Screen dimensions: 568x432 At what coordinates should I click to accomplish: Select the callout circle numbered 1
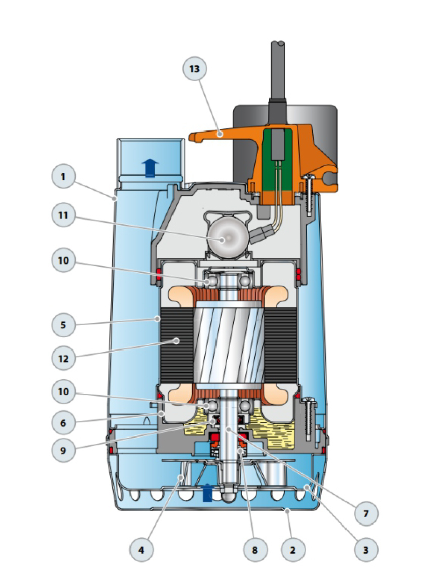click(63, 177)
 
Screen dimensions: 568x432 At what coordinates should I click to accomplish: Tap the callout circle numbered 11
click(63, 215)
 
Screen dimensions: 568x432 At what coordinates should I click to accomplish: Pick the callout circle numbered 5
click(63, 324)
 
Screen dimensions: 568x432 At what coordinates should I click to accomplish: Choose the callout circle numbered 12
click(63, 358)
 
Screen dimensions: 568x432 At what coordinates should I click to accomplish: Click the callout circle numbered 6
click(63, 421)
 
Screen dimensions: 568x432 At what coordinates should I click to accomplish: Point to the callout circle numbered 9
click(63, 450)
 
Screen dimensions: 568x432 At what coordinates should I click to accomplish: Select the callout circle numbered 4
click(141, 549)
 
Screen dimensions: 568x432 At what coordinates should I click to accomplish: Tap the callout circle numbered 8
click(255, 549)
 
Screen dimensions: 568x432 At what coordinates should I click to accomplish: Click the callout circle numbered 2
click(292, 549)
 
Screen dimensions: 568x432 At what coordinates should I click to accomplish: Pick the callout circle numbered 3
click(365, 549)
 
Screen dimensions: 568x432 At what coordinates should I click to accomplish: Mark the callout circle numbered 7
click(365, 514)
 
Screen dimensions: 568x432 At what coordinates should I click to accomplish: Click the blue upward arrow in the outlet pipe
click(150, 167)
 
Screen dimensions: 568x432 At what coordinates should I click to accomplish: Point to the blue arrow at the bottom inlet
click(206, 492)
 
